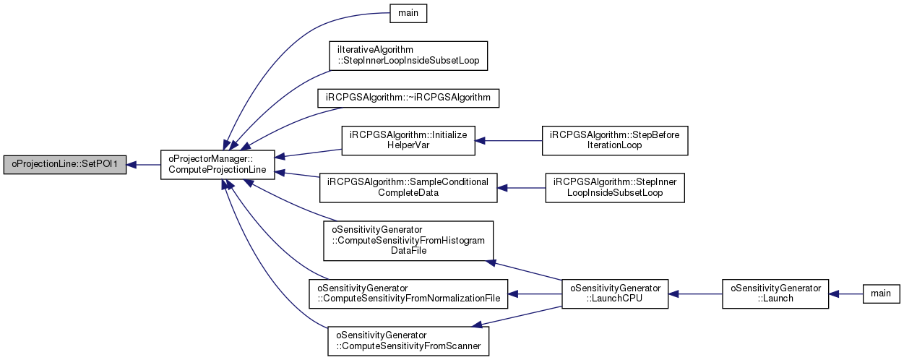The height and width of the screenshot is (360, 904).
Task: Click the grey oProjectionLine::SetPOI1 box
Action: pyautogui.click(x=65, y=165)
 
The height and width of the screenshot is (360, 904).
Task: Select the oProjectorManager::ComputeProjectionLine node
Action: pyautogui.click(x=218, y=165)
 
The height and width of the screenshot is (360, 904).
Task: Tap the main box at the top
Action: pyautogui.click(x=408, y=13)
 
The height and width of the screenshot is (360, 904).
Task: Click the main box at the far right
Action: pyautogui.click(x=881, y=293)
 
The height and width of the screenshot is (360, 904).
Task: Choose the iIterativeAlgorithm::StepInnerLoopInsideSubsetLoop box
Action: pyautogui.click(x=408, y=56)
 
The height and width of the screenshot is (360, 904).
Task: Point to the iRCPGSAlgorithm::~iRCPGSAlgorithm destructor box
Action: pyautogui.click(x=408, y=98)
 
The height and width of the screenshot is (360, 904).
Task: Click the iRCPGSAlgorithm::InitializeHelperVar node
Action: pyautogui.click(x=408, y=140)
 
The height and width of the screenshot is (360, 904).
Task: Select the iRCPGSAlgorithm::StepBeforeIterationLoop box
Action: pyautogui.click(x=615, y=140)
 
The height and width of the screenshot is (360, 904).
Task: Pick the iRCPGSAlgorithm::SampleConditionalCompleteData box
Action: pyautogui.click(x=408, y=188)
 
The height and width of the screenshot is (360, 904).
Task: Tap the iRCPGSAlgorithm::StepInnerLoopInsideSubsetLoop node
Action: pyautogui.click(x=615, y=188)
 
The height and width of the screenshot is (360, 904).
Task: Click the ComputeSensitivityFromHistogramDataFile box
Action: pyautogui.click(x=408, y=241)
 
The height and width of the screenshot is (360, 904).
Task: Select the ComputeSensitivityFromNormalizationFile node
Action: pyautogui.click(x=408, y=293)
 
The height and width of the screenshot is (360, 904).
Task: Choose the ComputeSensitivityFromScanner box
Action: pyautogui.click(x=408, y=341)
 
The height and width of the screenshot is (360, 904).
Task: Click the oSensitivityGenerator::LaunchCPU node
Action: pyautogui.click(x=615, y=293)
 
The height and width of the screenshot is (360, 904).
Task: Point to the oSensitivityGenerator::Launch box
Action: pyautogui.click(x=775, y=293)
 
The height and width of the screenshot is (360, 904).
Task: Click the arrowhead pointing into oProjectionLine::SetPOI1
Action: pyautogui.click(x=132, y=165)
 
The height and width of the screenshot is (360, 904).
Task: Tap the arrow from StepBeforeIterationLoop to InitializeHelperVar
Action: pyautogui.click(x=509, y=140)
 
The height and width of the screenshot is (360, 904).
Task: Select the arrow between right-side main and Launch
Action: pyautogui.click(x=846, y=293)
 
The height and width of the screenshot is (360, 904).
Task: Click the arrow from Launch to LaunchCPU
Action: pyautogui.click(x=695, y=293)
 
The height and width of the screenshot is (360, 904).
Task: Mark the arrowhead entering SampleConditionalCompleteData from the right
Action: pyautogui.click(x=502, y=188)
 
